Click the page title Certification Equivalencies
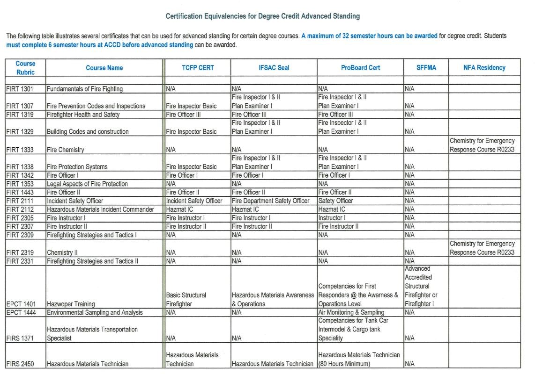[x=262, y=16]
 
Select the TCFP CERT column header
[x=198, y=68]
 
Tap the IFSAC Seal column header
[x=274, y=68]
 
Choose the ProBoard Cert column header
[x=360, y=68]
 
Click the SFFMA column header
[x=426, y=68]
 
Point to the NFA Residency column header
[x=484, y=68]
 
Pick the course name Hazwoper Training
[x=70, y=304]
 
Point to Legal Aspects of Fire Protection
[x=87, y=184]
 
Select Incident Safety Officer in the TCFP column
[x=194, y=201]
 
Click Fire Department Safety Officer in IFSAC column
[x=271, y=201]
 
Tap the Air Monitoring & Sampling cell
[x=351, y=312]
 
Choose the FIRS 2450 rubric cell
[x=20, y=364]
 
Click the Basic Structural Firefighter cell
[x=186, y=300]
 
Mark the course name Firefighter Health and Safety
[x=83, y=115]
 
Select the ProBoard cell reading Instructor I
[x=332, y=218]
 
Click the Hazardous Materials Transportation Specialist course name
[x=92, y=334]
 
